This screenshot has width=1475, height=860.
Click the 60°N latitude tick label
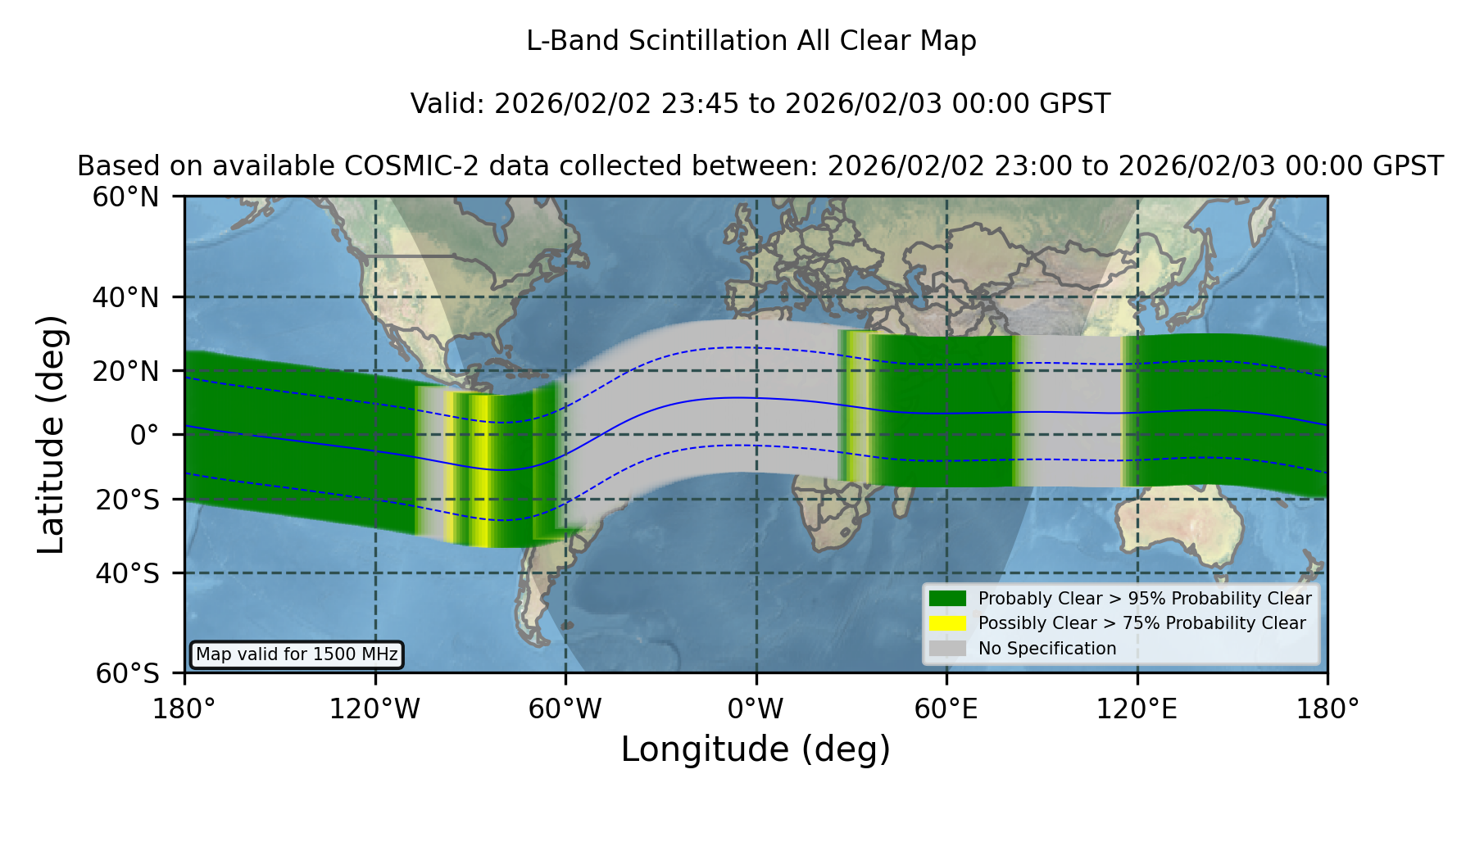click(125, 197)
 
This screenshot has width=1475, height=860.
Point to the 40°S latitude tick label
click(127, 573)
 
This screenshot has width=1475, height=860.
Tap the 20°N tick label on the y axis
click(125, 371)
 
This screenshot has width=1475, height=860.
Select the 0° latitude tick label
click(144, 435)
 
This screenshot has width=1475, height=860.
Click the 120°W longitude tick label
click(374, 709)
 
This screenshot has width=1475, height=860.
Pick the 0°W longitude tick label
click(756, 709)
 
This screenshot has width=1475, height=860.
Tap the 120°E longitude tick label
click(1137, 709)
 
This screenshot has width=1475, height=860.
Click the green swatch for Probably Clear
click(948, 599)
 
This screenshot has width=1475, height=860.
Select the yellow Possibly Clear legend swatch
click(948, 623)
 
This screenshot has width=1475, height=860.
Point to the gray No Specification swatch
click(948, 649)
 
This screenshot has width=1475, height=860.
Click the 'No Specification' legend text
click(1047, 649)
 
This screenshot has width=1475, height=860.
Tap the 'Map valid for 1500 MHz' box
click(297, 654)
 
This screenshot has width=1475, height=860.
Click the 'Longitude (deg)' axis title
click(756, 749)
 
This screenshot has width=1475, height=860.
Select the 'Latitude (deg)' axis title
click(52, 434)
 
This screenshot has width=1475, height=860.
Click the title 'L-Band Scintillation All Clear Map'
click(751, 41)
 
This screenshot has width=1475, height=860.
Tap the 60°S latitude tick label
click(127, 673)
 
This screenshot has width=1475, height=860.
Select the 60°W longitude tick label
click(565, 709)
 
